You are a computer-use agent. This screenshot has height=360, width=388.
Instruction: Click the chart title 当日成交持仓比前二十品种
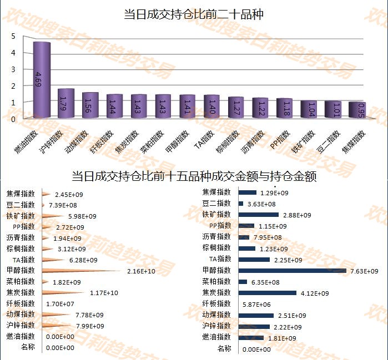point(193,15)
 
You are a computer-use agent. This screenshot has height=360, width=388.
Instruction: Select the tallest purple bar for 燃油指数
point(42,80)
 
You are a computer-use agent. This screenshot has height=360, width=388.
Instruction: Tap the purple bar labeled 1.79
point(66,103)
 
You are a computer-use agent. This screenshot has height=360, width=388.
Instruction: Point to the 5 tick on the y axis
point(13,36)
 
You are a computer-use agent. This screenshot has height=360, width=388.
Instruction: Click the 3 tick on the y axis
point(13,69)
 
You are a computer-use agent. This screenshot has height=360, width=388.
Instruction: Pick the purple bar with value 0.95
point(357,110)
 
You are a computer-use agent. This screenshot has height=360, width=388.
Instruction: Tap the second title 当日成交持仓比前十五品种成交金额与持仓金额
point(194,176)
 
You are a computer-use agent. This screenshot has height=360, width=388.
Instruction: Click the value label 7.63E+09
point(365,271)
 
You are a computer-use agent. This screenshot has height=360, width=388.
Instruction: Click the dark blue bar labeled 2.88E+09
point(259,215)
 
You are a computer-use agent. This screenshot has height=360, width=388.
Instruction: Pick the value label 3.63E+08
point(258,204)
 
